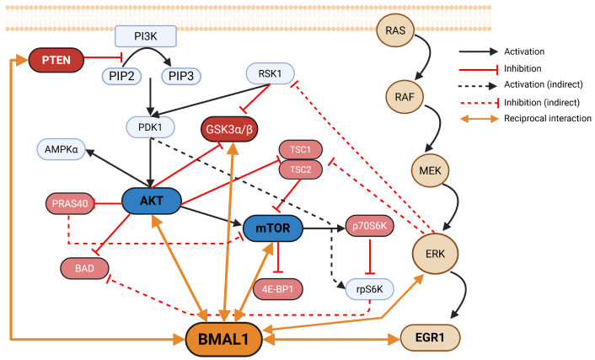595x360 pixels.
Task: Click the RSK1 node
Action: pos(269,74)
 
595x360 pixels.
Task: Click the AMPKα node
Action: pos(63,151)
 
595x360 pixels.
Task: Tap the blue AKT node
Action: pos(152,200)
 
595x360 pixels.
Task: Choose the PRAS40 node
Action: pos(72,203)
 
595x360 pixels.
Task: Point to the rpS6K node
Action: pos(369,289)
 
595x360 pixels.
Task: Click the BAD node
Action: pos(84,268)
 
